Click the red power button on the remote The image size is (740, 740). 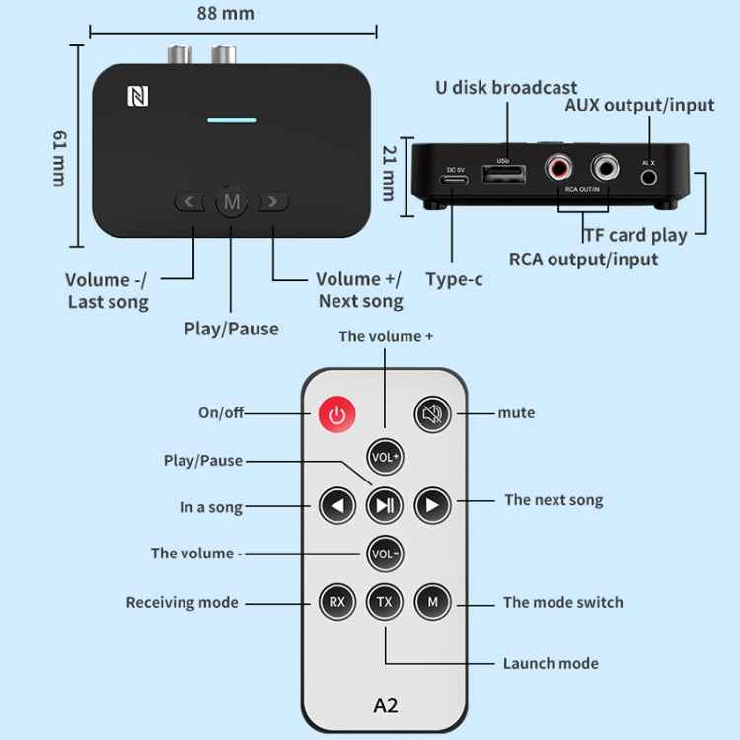pyautogui.click(x=337, y=414)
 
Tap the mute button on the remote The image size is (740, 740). pyautogui.click(x=431, y=413)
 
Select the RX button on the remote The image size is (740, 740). pyautogui.click(x=336, y=600)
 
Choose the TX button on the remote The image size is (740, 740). pyautogui.click(x=384, y=600)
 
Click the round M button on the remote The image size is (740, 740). pyautogui.click(x=431, y=600)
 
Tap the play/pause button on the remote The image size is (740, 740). pyautogui.click(x=384, y=506)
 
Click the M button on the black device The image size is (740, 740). pyautogui.click(x=232, y=202)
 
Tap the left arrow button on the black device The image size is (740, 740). pyautogui.click(x=189, y=202)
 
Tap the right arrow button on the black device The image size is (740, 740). pyautogui.click(x=273, y=202)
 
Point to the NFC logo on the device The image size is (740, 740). pyautogui.click(x=136, y=97)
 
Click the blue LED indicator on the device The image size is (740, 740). pyautogui.click(x=232, y=121)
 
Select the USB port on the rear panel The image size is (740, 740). pyautogui.click(x=503, y=175)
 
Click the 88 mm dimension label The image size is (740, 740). pyautogui.click(x=226, y=13)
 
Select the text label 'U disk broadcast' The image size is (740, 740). pyautogui.click(x=506, y=88)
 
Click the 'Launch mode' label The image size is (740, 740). pyautogui.click(x=551, y=663)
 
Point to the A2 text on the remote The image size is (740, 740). pyautogui.click(x=385, y=705)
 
